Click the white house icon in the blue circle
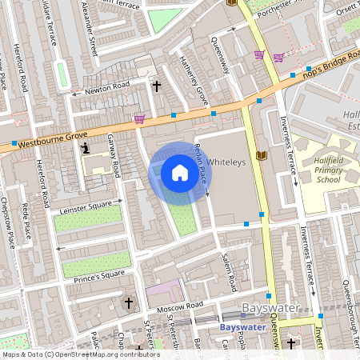click(x=180, y=173)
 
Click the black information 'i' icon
click(x=85, y=148)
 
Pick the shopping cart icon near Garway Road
click(x=139, y=119)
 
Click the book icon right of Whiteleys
click(x=260, y=154)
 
